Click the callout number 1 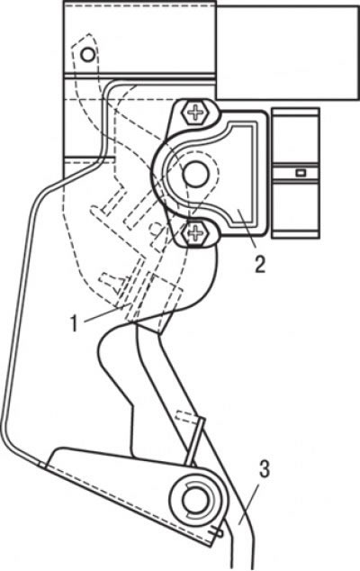click(75, 323)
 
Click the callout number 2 click(259, 265)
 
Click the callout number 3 click(265, 469)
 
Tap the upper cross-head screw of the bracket click(196, 113)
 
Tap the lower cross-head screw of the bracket click(195, 232)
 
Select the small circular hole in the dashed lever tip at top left click(87, 55)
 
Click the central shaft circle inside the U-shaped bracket click(196, 173)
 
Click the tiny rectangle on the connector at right click(300, 173)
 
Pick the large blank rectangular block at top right click(288, 52)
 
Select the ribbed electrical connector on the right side click(295, 173)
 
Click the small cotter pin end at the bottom click(217, 533)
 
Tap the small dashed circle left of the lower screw click(157, 228)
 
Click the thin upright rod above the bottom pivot click(194, 441)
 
